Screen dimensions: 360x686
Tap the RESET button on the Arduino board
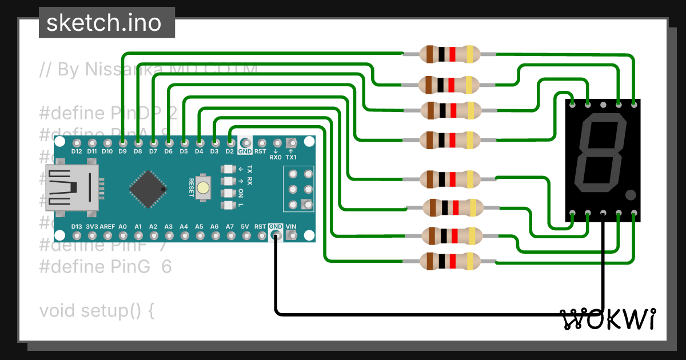click(202, 187)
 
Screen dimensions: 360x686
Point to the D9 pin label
click(122, 151)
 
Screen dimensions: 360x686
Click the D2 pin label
click(229, 151)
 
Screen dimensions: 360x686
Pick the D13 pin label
click(77, 227)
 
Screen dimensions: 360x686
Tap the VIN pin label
click(291, 227)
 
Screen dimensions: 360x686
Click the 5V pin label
click(245, 227)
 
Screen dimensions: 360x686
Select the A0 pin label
click(122, 227)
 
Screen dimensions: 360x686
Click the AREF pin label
click(107, 227)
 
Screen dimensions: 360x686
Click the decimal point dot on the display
click(631, 195)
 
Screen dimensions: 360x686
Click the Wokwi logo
click(607, 319)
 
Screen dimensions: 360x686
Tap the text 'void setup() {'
click(97, 311)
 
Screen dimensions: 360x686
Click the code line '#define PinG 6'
click(105, 267)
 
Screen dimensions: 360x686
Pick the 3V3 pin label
click(91, 227)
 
